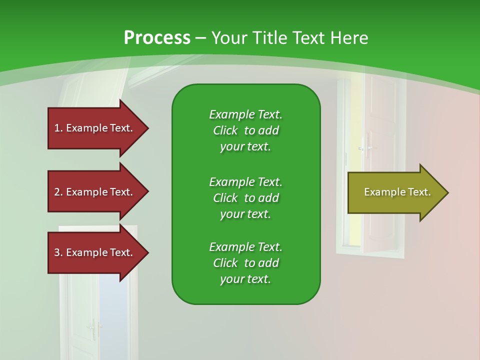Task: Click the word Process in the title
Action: pos(157,38)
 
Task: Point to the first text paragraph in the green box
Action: pos(245,130)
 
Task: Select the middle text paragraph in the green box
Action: pos(245,198)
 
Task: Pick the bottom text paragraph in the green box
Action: pos(245,263)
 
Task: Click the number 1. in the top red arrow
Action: pos(58,128)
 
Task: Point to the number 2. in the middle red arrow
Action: pos(58,192)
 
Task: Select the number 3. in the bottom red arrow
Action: pos(58,252)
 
